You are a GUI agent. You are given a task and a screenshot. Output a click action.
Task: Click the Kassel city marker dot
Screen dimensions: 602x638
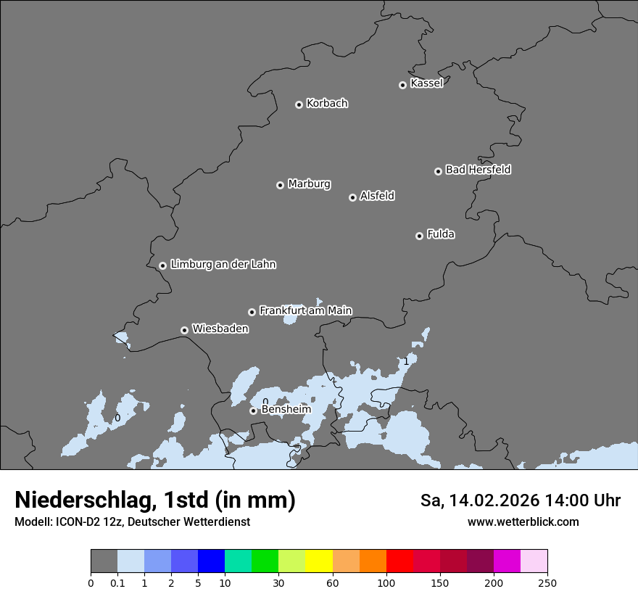tap(402, 85)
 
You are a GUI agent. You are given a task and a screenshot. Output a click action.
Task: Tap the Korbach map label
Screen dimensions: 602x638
tap(327, 104)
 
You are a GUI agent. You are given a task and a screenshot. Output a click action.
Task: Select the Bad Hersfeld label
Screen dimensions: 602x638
tap(478, 170)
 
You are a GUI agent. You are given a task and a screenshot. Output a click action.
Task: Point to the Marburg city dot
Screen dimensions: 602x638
tap(280, 185)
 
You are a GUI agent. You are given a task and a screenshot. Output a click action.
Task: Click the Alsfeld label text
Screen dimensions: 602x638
tap(377, 196)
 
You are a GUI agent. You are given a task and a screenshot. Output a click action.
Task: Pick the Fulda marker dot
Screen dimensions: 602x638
tap(419, 236)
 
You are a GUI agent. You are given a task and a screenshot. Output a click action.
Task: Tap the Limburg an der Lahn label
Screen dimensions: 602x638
tap(223, 265)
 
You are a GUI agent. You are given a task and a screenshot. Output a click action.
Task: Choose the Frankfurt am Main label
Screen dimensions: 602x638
tap(305, 310)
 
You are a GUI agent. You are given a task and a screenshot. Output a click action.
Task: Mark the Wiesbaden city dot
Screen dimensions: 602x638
tap(184, 330)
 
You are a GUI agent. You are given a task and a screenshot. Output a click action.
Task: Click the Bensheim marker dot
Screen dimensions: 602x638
tap(253, 411)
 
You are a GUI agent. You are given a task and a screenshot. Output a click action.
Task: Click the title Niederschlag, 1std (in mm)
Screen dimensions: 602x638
tap(155, 500)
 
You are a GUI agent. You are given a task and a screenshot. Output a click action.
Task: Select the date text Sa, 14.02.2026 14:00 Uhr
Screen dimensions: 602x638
tap(520, 500)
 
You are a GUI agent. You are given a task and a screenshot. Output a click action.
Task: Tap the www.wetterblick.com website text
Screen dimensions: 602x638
tap(523, 522)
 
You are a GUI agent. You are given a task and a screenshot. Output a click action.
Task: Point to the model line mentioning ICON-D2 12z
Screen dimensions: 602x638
tap(132, 522)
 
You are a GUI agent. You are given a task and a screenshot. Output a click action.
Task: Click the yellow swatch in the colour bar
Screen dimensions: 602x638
tap(319, 561)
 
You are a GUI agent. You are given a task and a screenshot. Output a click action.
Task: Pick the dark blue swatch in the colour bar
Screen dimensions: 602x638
tap(211, 561)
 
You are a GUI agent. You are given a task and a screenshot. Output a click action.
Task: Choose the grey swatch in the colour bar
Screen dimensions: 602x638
tap(104, 561)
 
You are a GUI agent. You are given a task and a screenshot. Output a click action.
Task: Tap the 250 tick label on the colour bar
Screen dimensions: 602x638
tap(547, 582)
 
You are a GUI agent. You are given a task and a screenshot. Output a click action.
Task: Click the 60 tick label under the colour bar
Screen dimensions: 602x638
tap(333, 582)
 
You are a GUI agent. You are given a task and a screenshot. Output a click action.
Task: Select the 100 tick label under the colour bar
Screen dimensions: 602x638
tap(386, 582)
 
